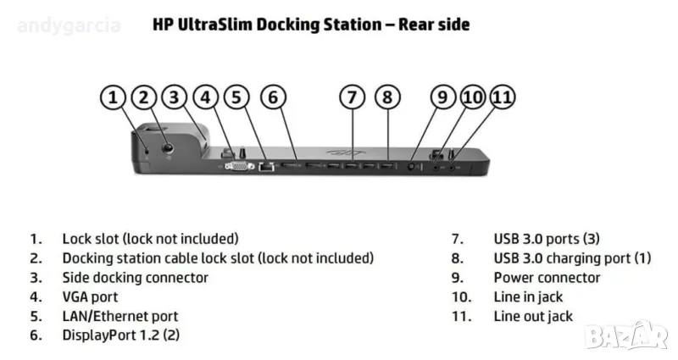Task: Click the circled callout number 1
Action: tap(113, 97)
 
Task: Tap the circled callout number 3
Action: tap(175, 97)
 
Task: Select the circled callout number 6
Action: tap(272, 97)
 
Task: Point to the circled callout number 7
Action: tap(353, 97)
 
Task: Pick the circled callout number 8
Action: tap(387, 97)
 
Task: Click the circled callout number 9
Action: tap(442, 97)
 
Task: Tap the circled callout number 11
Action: tap(502, 97)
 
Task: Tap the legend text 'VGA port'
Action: tap(90, 297)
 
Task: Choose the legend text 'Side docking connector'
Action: tap(135, 278)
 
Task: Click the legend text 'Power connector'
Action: tap(547, 278)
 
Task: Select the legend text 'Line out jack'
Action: tap(533, 317)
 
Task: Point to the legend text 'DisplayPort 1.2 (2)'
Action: tap(120, 336)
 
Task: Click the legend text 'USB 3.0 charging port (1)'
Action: tap(572, 258)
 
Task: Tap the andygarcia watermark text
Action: tap(69, 25)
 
